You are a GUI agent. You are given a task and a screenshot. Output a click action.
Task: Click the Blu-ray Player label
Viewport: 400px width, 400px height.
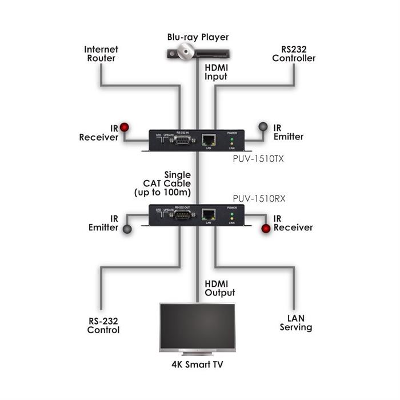(x=198, y=37)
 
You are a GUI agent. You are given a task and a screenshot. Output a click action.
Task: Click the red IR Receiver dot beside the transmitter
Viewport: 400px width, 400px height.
(x=124, y=127)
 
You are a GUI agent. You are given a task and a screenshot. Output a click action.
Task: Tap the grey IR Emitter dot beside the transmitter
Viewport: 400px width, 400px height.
(x=263, y=126)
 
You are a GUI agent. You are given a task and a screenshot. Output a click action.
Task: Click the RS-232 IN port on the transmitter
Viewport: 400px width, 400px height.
(x=182, y=139)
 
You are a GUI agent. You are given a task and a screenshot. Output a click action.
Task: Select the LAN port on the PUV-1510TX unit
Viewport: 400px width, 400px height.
(x=209, y=139)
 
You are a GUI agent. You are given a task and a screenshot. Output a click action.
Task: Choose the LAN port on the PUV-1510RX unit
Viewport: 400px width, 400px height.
(x=208, y=215)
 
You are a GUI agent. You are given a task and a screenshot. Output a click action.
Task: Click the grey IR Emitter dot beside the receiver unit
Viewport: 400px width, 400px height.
(x=127, y=229)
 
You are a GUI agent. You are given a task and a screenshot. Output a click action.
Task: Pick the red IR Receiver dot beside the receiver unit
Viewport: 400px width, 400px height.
(x=266, y=229)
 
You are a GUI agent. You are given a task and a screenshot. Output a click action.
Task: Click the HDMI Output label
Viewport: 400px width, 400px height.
(x=220, y=288)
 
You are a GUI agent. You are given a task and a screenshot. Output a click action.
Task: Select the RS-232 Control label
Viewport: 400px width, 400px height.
(x=103, y=325)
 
